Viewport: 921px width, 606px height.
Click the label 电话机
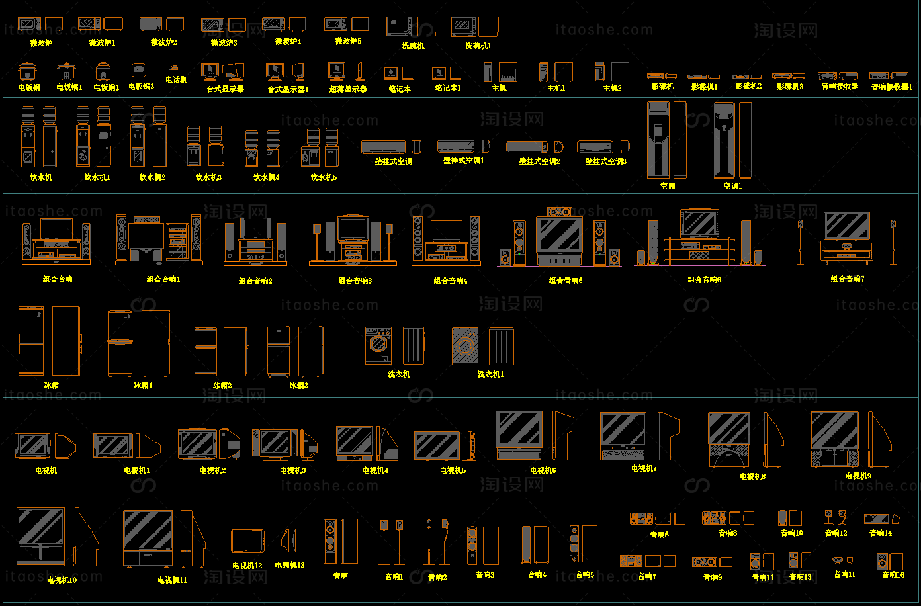(x=176, y=80)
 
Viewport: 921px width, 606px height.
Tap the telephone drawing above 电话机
(x=175, y=67)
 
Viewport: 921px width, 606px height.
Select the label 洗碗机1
(x=478, y=46)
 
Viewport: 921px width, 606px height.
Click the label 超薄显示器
(x=348, y=89)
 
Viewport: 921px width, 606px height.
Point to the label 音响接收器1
(x=891, y=87)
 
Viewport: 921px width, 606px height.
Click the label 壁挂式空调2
(x=539, y=161)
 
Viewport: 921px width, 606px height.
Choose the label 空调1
(x=732, y=187)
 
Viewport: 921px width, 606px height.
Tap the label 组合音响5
(x=566, y=281)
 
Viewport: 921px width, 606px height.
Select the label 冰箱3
(x=298, y=385)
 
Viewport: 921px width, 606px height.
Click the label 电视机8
(x=752, y=476)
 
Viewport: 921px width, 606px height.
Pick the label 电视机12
(x=247, y=566)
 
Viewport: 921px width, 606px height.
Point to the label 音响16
(x=893, y=575)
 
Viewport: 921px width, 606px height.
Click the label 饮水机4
(x=266, y=177)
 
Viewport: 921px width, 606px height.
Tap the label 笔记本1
(x=448, y=87)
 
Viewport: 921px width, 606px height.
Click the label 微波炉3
(x=224, y=43)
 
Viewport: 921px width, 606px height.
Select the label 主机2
(x=612, y=88)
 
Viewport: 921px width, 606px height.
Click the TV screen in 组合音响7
(x=846, y=226)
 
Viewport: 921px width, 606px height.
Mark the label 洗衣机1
(x=491, y=374)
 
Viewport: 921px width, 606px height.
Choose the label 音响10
(x=791, y=533)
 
